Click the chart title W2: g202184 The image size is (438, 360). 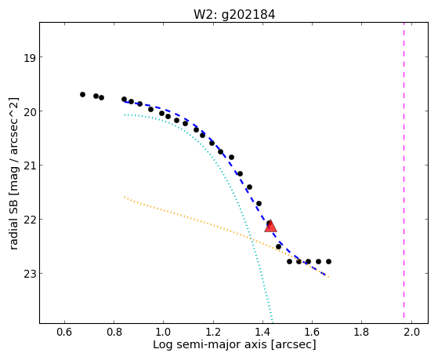234,14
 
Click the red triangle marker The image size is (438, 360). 270,226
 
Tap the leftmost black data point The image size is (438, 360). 82,95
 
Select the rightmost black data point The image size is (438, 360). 328,261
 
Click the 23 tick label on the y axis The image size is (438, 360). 29,274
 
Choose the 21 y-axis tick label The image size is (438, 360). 29,165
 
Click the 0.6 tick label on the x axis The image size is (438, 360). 64,332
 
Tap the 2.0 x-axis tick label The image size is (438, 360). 411,332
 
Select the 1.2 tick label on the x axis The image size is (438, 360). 213,332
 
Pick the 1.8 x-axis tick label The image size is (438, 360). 361,332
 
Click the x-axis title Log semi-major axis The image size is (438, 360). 209,345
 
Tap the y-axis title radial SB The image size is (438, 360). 13,226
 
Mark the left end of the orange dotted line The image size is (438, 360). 125,197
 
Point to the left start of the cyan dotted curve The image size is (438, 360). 125,115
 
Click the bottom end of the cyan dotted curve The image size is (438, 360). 273,322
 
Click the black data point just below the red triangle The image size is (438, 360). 278,246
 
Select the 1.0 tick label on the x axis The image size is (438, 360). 163,332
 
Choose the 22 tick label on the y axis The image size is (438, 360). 29,220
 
